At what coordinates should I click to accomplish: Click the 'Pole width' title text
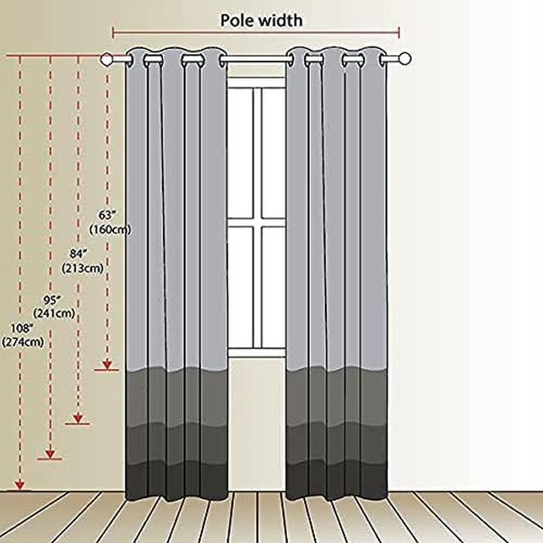[x=261, y=20]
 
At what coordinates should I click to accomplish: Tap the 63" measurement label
[x=107, y=215]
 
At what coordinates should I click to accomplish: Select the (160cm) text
[x=110, y=230]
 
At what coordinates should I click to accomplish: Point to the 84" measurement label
[x=78, y=254]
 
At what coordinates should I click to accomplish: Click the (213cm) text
[x=83, y=268]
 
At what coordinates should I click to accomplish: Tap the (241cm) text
[x=54, y=313]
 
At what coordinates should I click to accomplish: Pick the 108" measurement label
[x=22, y=328]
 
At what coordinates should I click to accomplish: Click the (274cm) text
[x=22, y=342]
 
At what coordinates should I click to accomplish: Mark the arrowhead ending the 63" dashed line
[x=107, y=365]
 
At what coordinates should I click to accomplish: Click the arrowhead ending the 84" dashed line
[x=78, y=418]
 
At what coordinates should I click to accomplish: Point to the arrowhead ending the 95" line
[x=50, y=454]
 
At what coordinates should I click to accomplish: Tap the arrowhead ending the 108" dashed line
[x=19, y=485]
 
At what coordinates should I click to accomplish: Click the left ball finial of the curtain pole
[x=106, y=59]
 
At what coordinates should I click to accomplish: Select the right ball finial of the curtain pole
[x=404, y=59]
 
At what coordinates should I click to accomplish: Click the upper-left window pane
[x=240, y=153]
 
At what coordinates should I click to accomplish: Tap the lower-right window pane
[x=273, y=287]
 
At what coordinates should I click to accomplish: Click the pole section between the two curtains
[x=256, y=60]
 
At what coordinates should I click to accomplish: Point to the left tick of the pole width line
[x=113, y=33]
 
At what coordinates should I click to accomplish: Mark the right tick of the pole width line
[x=399, y=33]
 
